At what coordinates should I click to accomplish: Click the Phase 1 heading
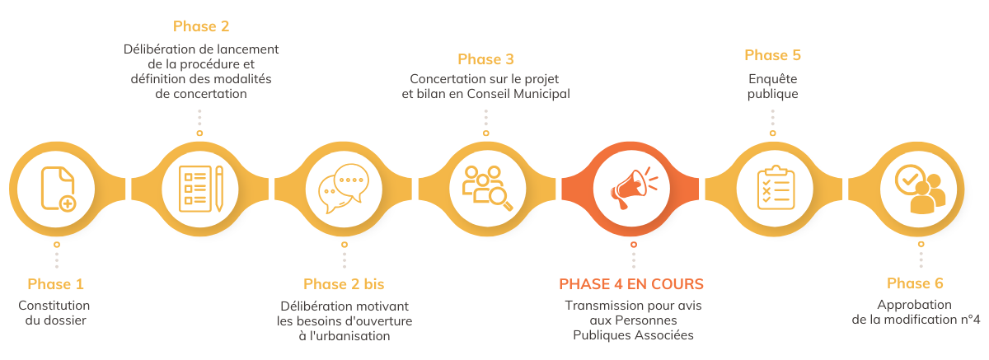point(56,284)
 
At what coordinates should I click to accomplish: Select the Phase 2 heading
point(201,26)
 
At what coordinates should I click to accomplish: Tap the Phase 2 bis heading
point(344,284)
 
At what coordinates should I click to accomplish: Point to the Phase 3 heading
point(485,58)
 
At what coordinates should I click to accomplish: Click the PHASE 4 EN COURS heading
point(631,284)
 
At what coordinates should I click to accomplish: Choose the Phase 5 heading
point(772,55)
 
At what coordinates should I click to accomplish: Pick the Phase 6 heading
point(915,283)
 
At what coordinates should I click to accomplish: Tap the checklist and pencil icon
point(200,189)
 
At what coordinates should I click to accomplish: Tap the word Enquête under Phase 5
point(773,78)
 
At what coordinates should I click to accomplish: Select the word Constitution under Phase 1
point(54,305)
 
